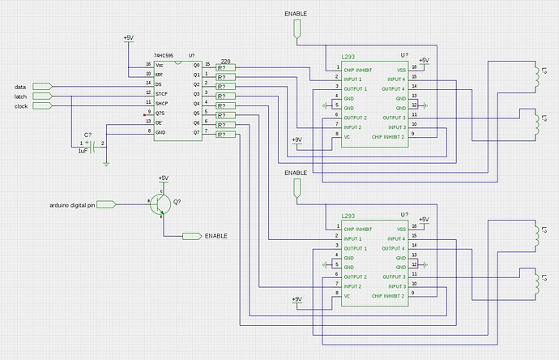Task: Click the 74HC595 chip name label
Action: click(165, 55)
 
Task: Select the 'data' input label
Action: click(22, 87)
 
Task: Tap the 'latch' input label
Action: click(22, 96)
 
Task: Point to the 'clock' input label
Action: click(22, 106)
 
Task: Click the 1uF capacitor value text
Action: click(83, 151)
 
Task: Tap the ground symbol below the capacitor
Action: click(106, 163)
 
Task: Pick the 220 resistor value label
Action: click(226, 61)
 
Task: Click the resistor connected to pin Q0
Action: click(225, 67)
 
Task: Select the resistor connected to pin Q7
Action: click(225, 135)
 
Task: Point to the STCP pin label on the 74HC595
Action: click(162, 93)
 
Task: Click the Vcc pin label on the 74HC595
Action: click(160, 64)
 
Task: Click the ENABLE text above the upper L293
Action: click(296, 15)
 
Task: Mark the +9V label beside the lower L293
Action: click(297, 299)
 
